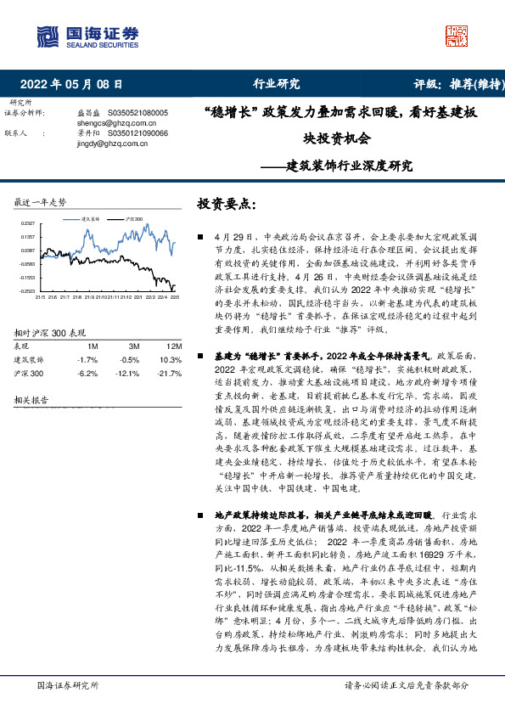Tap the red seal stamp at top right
[457, 36]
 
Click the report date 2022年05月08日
[71, 84]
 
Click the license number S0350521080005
[136, 112]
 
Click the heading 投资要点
[226, 205]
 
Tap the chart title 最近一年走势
[40, 203]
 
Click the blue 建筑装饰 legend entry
[92, 219]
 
